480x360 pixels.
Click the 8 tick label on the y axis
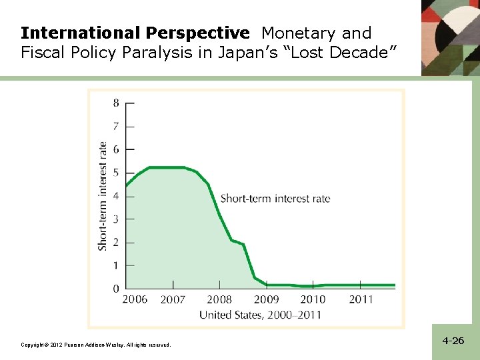pos(116,103)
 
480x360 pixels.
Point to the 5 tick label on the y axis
pos(116,173)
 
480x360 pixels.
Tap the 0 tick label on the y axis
pos(116,289)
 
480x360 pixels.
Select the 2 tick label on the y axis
pos(116,242)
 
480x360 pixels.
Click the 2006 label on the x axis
pos(135,300)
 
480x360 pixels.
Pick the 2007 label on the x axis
pos(173,300)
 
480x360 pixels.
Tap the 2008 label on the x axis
pos(219,300)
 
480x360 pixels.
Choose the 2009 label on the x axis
pos(266,300)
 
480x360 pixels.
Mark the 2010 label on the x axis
pos(313,300)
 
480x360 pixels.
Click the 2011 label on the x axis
pos(361,300)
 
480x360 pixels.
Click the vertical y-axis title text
pos(103,196)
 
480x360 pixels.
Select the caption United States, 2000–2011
pos(260,315)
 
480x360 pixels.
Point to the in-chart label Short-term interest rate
pos(275,199)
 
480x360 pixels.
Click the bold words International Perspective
pos(135,33)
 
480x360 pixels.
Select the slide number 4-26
pos(453,341)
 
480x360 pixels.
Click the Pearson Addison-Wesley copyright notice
pos(95,345)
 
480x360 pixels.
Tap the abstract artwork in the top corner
pos(450,37)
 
